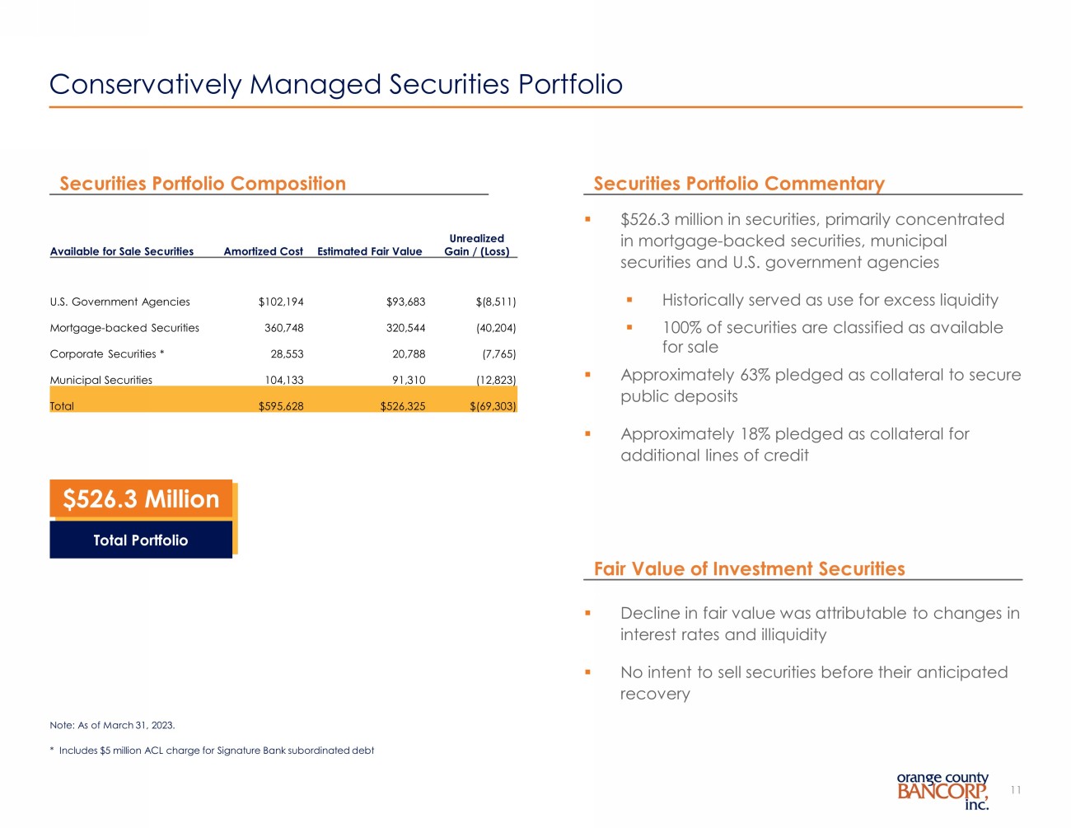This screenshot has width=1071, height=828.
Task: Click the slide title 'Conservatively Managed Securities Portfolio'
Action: [x=335, y=84]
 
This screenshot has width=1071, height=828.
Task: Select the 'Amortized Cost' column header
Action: [x=263, y=251]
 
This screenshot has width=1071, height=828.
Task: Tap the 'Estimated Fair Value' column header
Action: [x=369, y=251]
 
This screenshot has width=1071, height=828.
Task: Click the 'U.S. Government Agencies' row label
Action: [x=119, y=302]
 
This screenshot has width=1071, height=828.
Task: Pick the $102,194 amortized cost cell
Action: [x=281, y=302]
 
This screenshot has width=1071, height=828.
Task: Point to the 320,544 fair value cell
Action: [x=405, y=328]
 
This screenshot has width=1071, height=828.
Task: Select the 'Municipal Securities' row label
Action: [x=101, y=380]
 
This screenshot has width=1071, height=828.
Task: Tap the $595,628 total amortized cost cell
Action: [x=281, y=406]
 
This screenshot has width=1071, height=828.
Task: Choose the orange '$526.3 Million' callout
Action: [x=141, y=499]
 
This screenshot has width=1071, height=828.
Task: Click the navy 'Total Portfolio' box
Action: [x=141, y=540]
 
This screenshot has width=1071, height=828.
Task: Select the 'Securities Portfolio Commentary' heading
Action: [x=738, y=184]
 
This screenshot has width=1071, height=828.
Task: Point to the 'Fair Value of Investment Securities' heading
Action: [x=749, y=569]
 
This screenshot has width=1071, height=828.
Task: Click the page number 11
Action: [x=1015, y=790]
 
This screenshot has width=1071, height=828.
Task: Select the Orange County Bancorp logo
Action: [x=942, y=791]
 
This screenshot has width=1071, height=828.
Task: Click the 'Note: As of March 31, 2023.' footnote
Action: [x=112, y=725]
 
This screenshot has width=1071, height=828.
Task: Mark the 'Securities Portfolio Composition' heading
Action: [x=203, y=184]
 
